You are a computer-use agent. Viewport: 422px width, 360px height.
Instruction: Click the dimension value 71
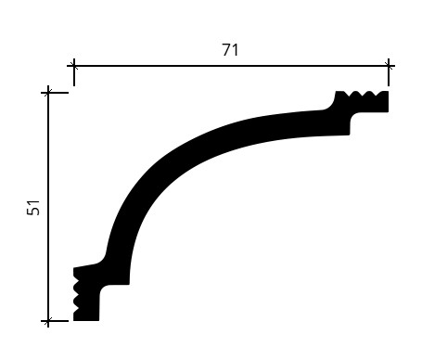point(230,50)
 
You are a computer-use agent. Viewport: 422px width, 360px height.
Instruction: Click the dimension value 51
point(33,208)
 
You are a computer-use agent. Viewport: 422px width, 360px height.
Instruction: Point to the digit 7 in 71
point(226,50)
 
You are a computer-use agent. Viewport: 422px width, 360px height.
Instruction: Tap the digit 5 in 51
point(33,212)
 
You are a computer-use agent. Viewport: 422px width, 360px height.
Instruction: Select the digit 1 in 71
point(236,50)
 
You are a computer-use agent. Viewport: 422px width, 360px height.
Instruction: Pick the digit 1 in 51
point(33,203)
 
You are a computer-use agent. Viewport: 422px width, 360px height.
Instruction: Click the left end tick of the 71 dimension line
point(74,66)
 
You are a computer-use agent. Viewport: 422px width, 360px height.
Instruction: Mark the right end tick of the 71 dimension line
point(389,66)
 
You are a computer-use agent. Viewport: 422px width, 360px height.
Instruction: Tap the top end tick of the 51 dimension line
point(48,93)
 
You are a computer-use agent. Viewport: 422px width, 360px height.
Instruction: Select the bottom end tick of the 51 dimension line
point(48,321)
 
